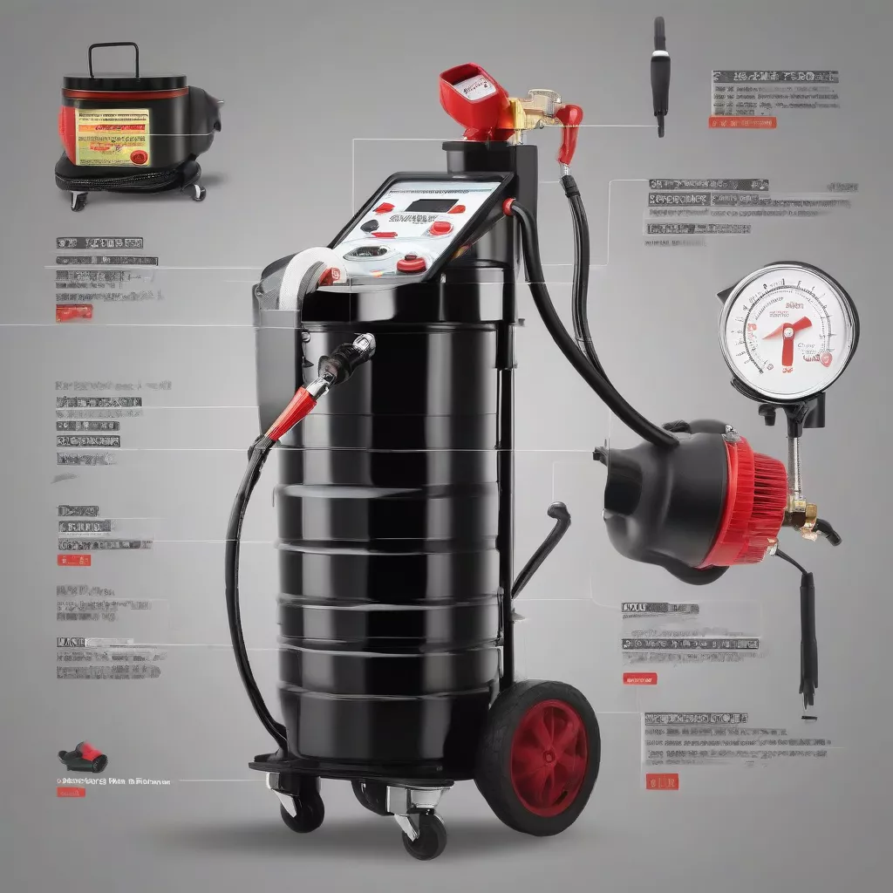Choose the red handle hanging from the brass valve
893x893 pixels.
(x=568, y=130)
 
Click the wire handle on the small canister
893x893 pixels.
(x=113, y=58)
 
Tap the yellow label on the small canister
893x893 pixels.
(x=112, y=136)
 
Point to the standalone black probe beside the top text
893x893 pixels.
(x=658, y=74)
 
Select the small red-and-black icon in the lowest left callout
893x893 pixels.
(x=83, y=756)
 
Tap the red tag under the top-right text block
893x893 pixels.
(x=741, y=123)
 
